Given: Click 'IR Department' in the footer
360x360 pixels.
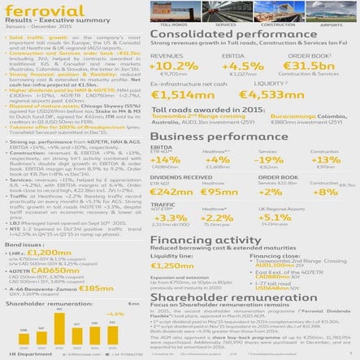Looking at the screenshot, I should coord(20,355).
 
